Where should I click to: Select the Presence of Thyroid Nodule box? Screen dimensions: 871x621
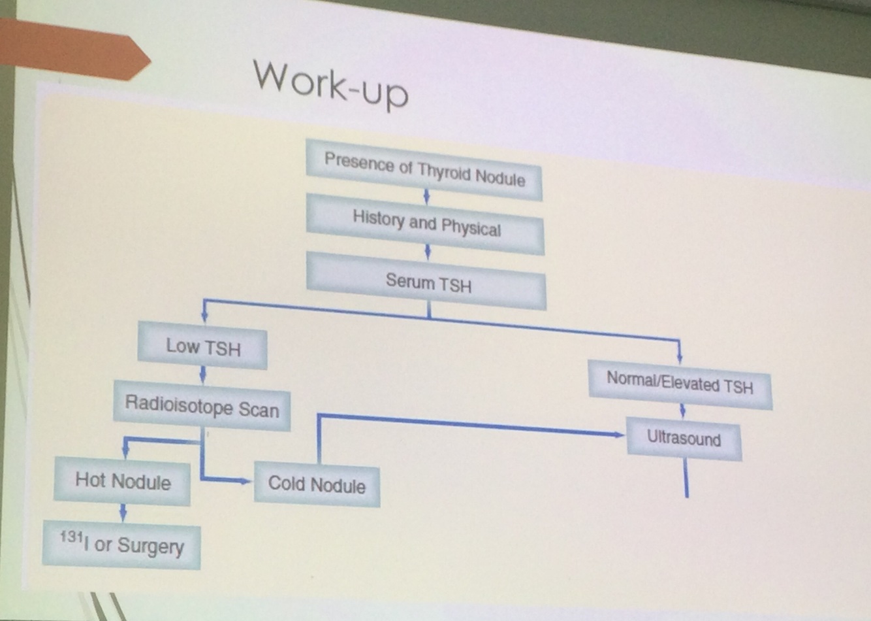pyautogui.click(x=424, y=169)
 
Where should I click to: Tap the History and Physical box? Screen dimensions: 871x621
pyautogui.click(x=426, y=224)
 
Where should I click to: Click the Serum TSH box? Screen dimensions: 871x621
pyautogui.click(x=427, y=282)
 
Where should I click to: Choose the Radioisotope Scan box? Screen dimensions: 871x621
pyautogui.click(x=202, y=407)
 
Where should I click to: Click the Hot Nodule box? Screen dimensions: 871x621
pyautogui.click(x=123, y=482)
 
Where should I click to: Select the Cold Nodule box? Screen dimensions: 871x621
pyautogui.click(x=317, y=484)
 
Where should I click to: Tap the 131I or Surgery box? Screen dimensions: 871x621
pyautogui.click(x=122, y=544)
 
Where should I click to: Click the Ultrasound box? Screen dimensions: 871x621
pyautogui.click(x=684, y=438)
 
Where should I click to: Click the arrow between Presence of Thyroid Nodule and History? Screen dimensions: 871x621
pyautogui.click(x=426, y=196)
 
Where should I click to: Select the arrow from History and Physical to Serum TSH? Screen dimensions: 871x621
pyautogui.click(x=428, y=252)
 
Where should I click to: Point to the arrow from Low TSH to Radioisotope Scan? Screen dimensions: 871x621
pyautogui.click(x=202, y=375)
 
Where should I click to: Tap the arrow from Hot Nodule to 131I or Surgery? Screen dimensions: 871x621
pyautogui.click(x=123, y=512)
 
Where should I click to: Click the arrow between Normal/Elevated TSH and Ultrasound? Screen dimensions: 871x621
pyautogui.click(x=682, y=411)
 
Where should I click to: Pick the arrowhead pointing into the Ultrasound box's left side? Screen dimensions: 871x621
pyautogui.click(x=617, y=434)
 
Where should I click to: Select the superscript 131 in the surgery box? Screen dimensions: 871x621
pyautogui.click(x=71, y=537)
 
